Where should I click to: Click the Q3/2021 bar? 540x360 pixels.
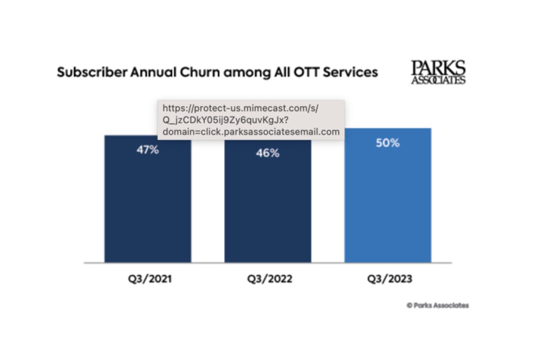[x=148, y=202]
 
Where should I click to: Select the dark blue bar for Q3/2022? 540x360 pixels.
[x=268, y=207]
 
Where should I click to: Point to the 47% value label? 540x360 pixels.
[x=148, y=150]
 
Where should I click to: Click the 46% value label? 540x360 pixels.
[x=268, y=153]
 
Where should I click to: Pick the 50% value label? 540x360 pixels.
[x=388, y=143]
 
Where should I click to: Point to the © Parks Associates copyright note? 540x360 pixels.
[x=438, y=305]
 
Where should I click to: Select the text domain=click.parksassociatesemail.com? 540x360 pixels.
[x=251, y=132]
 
